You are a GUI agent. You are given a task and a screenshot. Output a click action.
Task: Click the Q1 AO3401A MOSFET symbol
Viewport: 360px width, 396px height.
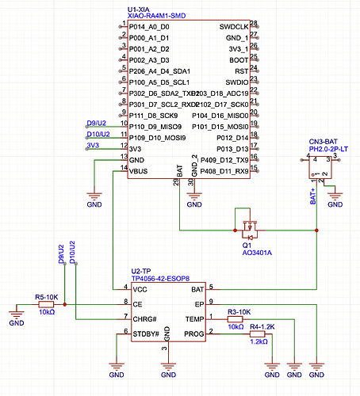249,225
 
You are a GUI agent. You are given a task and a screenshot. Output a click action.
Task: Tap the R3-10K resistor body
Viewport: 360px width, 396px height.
236,318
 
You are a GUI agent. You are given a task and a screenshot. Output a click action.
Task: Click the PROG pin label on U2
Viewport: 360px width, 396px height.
193,333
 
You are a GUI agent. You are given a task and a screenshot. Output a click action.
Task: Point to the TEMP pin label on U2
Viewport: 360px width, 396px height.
193,318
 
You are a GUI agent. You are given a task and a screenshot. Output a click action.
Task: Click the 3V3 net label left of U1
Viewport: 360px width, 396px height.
93,145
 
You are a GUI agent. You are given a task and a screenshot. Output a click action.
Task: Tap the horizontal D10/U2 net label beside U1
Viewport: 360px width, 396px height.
98,134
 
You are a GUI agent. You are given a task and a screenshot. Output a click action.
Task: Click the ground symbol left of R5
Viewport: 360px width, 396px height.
16,321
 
